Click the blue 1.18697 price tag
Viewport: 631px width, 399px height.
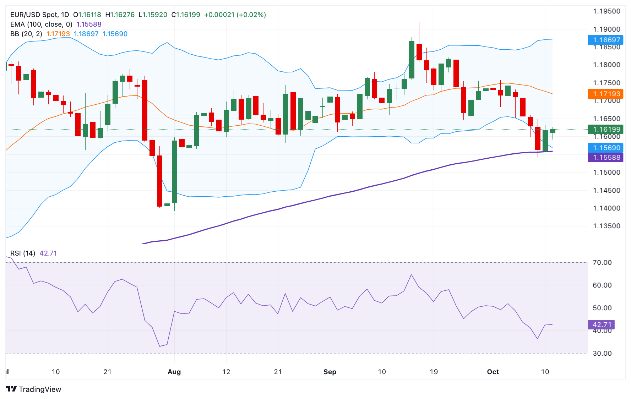[605, 40]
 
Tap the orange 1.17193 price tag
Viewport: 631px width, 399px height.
[605, 94]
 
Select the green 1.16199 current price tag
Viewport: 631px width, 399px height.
[605, 129]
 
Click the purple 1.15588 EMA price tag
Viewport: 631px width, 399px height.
[605, 157]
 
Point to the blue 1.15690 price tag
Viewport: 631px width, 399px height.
[605, 148]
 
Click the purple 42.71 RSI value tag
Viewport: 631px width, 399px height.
[602, 324]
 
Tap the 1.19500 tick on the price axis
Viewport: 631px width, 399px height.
[606, 11]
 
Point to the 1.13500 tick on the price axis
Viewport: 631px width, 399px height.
[606, 226]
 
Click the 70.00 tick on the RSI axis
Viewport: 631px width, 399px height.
[602, 263]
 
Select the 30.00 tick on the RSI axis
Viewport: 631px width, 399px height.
[602, 353]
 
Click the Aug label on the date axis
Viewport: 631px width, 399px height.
[174, 372]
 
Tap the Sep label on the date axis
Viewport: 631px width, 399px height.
[330, 372]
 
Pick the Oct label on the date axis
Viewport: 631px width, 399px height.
[493, 372]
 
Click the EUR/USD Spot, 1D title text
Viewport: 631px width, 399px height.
[39, 15]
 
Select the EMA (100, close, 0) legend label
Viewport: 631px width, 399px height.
[41, 24]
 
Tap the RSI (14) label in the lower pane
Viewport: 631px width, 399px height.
[23, 253]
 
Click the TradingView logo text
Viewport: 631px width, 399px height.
[39, 389]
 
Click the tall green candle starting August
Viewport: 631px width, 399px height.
[174, 171]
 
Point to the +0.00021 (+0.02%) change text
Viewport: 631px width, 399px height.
[235, 15]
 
